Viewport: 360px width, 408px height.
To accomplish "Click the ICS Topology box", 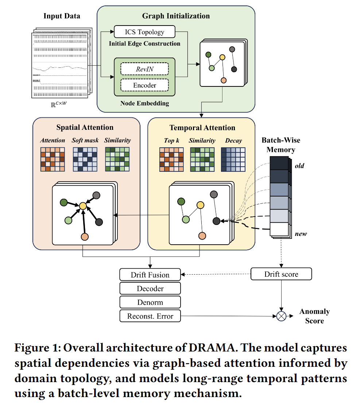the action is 144,32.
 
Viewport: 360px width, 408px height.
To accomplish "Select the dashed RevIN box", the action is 144,69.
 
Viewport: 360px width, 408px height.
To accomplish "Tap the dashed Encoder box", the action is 144,85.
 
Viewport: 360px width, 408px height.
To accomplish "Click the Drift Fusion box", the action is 150,275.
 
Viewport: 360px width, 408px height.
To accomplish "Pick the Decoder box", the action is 150,288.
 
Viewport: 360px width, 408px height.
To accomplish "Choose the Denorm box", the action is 150,302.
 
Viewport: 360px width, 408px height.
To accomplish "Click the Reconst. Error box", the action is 150,316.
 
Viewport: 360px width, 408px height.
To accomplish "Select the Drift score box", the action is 281,274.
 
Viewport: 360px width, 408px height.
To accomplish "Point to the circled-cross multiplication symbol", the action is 281,316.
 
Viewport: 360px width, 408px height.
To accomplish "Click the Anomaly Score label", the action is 314,316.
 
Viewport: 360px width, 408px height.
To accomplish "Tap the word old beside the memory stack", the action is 299,166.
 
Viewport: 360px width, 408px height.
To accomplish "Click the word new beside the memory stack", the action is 301,234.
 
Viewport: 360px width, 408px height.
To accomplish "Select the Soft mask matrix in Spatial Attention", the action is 85,159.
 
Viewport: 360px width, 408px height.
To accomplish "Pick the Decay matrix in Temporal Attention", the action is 233,159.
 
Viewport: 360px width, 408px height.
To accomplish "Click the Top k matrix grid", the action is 171,159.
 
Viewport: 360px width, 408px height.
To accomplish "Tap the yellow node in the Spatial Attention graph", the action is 83,206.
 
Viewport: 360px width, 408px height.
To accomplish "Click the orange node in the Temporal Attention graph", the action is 202,236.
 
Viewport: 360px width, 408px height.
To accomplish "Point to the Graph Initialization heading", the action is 176,16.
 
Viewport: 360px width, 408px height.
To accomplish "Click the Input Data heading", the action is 62,16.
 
